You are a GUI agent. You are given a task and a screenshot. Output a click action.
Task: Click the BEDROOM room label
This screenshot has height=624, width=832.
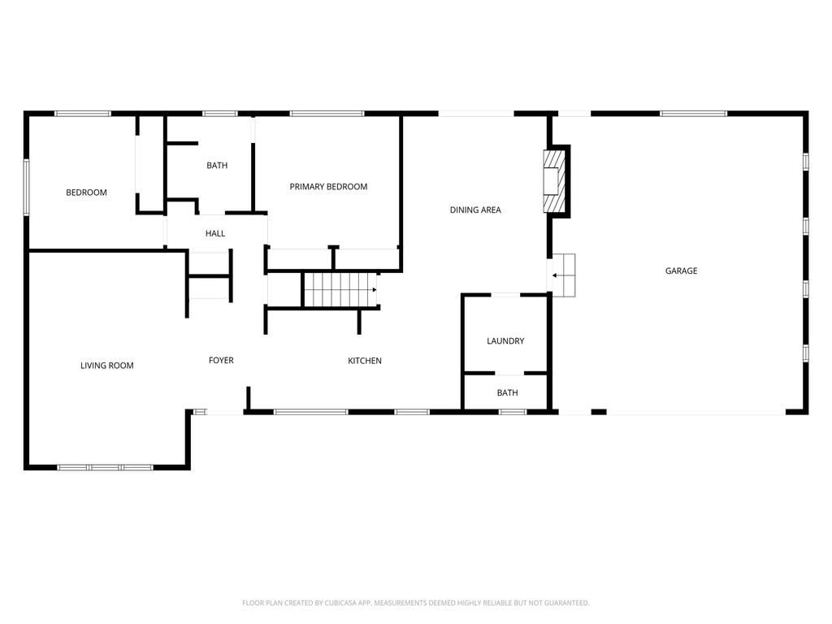[86, 193]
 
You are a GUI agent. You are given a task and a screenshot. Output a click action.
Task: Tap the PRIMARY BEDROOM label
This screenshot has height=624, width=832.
[328, 187]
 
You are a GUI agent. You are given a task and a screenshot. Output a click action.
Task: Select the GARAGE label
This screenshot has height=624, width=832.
[681, 271]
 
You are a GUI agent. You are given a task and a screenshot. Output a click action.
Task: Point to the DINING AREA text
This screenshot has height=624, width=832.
[475, 210]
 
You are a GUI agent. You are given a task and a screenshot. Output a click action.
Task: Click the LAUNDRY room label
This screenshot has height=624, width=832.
[505, 341]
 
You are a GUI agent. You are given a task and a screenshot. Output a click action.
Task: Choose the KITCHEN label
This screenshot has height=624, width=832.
[365, 361]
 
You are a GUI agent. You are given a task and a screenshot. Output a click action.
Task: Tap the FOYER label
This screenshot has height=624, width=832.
[221, 361]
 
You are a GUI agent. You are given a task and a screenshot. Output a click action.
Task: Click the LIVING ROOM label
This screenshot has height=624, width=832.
[106, 366]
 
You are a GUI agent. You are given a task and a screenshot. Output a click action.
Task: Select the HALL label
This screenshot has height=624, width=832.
[215, 234]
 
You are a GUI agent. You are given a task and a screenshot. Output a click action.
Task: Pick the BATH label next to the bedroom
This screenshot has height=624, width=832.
[217, 166]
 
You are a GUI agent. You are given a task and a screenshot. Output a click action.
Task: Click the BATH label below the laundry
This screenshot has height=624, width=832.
[507, 393]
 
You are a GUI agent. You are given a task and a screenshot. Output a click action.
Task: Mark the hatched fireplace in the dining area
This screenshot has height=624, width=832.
[553, 180]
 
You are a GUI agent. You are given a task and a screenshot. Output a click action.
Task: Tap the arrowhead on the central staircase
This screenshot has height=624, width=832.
[374, 289]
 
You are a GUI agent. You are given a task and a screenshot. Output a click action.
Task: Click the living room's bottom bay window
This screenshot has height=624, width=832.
[105, 467]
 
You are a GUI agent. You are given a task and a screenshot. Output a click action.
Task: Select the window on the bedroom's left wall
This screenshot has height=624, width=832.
[26, 187]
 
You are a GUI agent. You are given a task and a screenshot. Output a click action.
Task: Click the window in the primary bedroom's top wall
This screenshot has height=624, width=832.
[326, 114]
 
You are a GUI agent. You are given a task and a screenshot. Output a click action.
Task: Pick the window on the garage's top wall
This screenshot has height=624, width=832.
[693, 114]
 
